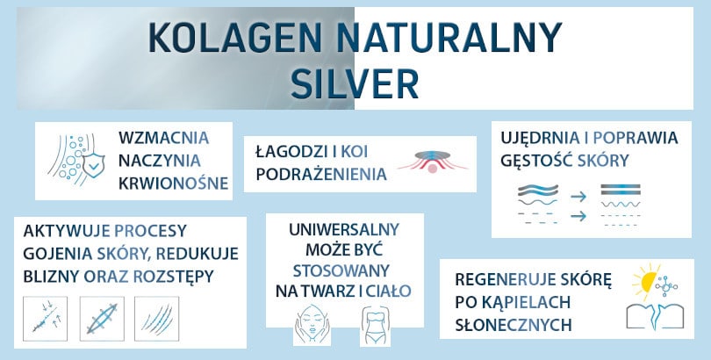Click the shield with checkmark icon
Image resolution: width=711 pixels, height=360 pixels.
(91, 163)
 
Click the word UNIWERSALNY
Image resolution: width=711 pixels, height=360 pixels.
(344, 230)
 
